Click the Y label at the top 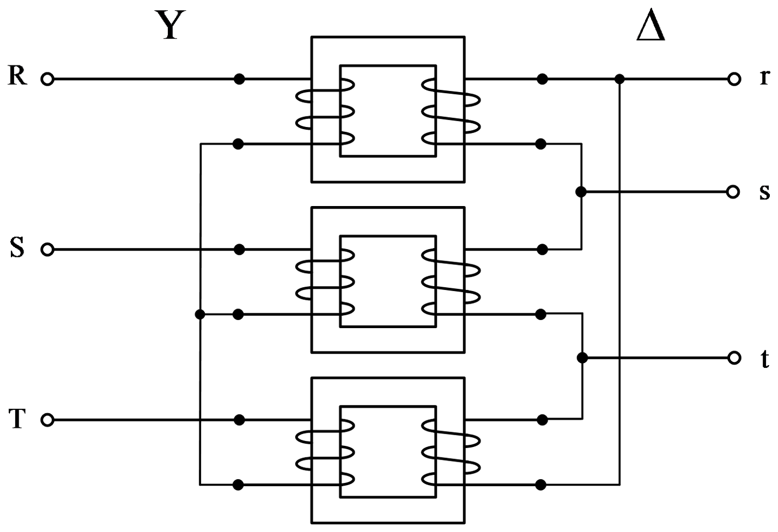click(170, 25)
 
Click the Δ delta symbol click(651, 25)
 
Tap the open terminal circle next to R click(47, 79)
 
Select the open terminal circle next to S click(47, 250)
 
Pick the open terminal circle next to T click(47, 420)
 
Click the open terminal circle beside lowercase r click(734, 79)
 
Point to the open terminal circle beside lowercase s click(733, 192)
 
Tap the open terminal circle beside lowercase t click(734, 358)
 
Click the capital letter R click(17, 75)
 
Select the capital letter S click(17, 247)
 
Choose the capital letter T click(17, 419)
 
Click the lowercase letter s click(764, 192)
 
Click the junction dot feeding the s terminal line click(581, 192)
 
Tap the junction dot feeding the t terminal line click(582, 358)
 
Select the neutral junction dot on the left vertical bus click(200, 315)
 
